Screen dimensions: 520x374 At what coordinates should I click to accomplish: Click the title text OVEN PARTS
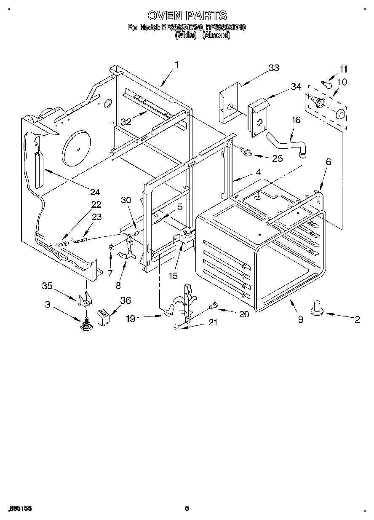[187, 16]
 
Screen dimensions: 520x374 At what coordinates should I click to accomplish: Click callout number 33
[274, 68]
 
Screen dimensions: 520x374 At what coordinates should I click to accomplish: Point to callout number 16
[296, 120]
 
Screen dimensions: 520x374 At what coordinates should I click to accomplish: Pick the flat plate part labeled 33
[230, 103]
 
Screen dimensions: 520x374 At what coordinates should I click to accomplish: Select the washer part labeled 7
[112, 247]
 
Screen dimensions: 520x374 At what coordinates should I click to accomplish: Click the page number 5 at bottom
[187, 509]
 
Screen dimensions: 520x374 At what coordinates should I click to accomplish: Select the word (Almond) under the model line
[216, 36]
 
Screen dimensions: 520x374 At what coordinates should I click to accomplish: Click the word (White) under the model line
[186, 36]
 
